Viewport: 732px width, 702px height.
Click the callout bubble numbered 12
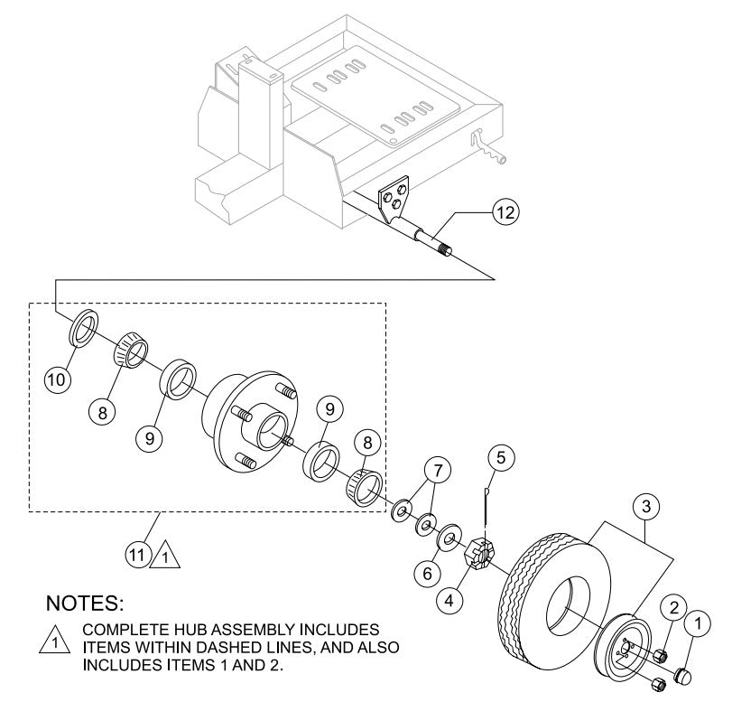[x=505, y=214]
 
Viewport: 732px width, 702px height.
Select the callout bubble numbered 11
[x=137, y=556]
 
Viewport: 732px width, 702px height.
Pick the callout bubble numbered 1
[x=698, y=622]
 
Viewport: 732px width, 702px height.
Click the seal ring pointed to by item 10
[x=82, y=326]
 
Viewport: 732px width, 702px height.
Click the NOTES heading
[x=88, y=601]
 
